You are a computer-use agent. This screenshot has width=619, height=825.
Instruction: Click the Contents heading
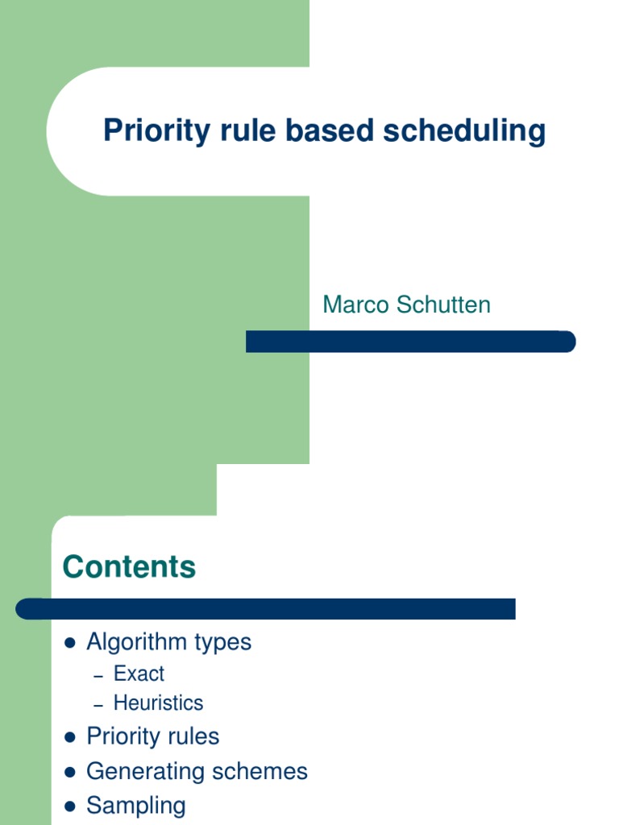pos(129,567)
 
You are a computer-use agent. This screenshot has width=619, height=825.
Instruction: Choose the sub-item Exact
pos(139,674)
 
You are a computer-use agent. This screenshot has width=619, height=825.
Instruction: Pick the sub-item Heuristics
pos(158,703)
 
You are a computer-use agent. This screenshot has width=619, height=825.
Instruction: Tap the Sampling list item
pos(135,806)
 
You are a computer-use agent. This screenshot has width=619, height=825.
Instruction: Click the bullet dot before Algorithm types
pos(70,643)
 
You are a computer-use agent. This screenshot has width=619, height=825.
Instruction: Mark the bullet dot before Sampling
pos(70,806)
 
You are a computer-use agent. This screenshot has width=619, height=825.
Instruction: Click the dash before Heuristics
pos(98,705)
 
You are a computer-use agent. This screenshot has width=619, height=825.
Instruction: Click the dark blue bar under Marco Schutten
pos(410,342)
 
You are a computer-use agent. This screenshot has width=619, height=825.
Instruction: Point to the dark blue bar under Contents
pos(266,608)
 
